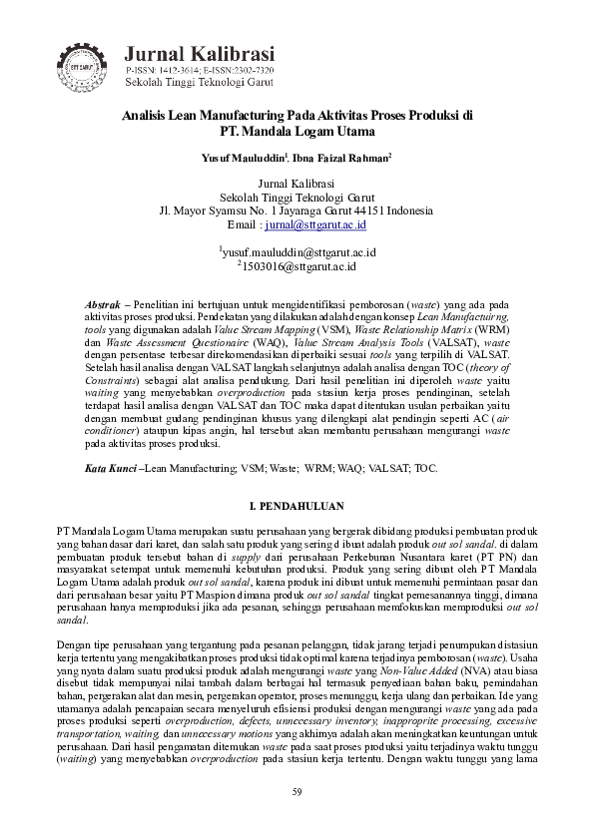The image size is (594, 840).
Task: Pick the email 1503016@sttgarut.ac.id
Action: pos(300,267)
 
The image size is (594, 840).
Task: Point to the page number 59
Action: pos(297,792)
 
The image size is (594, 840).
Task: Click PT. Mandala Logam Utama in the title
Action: pos(297,131)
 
